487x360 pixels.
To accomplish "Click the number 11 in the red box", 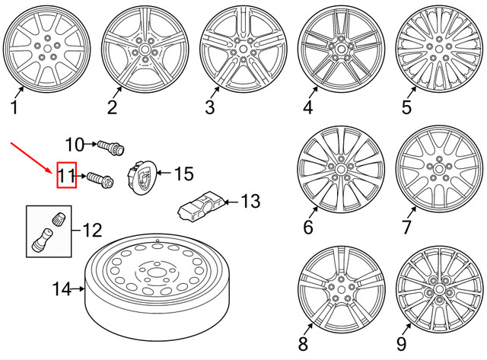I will click(x=66, y=177).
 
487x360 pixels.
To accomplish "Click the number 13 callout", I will click(x=250, y=202).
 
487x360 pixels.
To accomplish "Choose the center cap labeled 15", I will click(x=142, y=178).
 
